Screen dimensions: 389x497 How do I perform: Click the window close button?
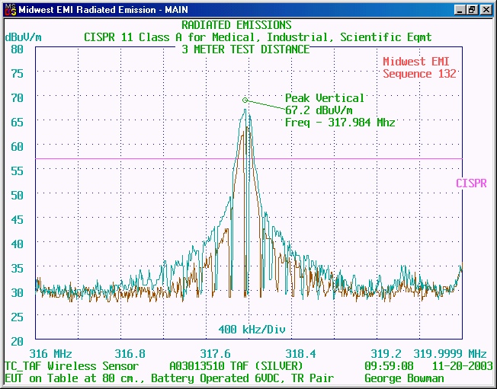pyautogui.click(x=486, y=10)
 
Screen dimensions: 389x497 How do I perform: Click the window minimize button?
pyautogui.click(x=460, y=10)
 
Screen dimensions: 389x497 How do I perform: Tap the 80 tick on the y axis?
pyautogui.click(x=18, y=49)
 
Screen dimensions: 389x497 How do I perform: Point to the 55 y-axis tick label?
pyautogui.click(x=18, y=171)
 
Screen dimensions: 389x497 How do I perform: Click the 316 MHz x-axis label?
pyautogui.click(x=50, y=354)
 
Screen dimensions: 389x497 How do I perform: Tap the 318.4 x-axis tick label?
pyautogui.click(x=300, y=354)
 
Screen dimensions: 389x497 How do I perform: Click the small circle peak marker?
pyautogui.click(x=245, y=100)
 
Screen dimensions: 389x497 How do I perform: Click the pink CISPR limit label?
pyautogui.click(x=471, y=183)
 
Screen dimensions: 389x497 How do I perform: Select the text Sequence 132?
pyautogui.click(x=419, y=74)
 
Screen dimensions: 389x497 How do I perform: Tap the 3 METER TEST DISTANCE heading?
pyautogui.click(x=245, y=49)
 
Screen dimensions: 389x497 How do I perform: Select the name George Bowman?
pyautogui.click(x=404, y=378)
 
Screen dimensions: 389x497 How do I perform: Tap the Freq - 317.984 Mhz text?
pyautogui.click(x=340, y=123)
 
